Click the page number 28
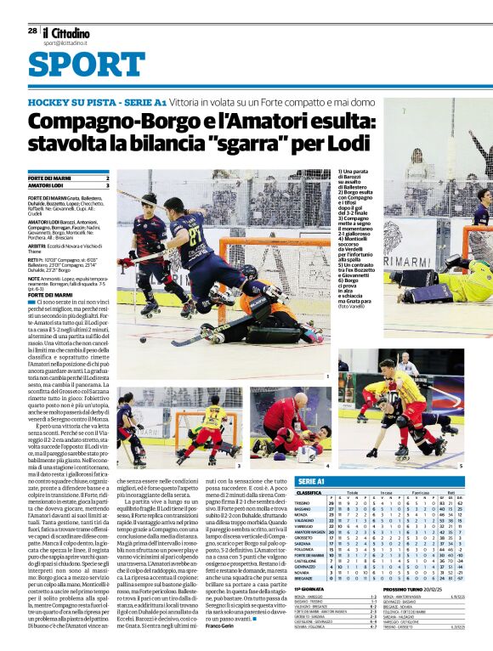tap(31, 30)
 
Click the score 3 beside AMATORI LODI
tap(107, 184)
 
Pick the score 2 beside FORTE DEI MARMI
tap(107, 177)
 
